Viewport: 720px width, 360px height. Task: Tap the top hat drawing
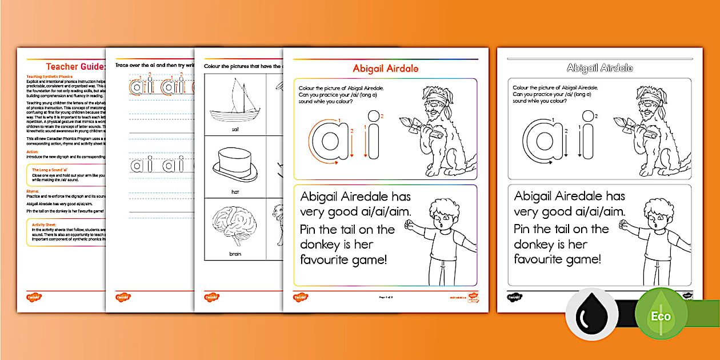235,165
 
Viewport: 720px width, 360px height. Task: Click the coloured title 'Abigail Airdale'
385,69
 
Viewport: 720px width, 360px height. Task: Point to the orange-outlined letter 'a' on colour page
326,139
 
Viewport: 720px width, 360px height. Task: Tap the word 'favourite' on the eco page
543,259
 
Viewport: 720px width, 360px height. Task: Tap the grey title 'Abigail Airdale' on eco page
599,68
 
